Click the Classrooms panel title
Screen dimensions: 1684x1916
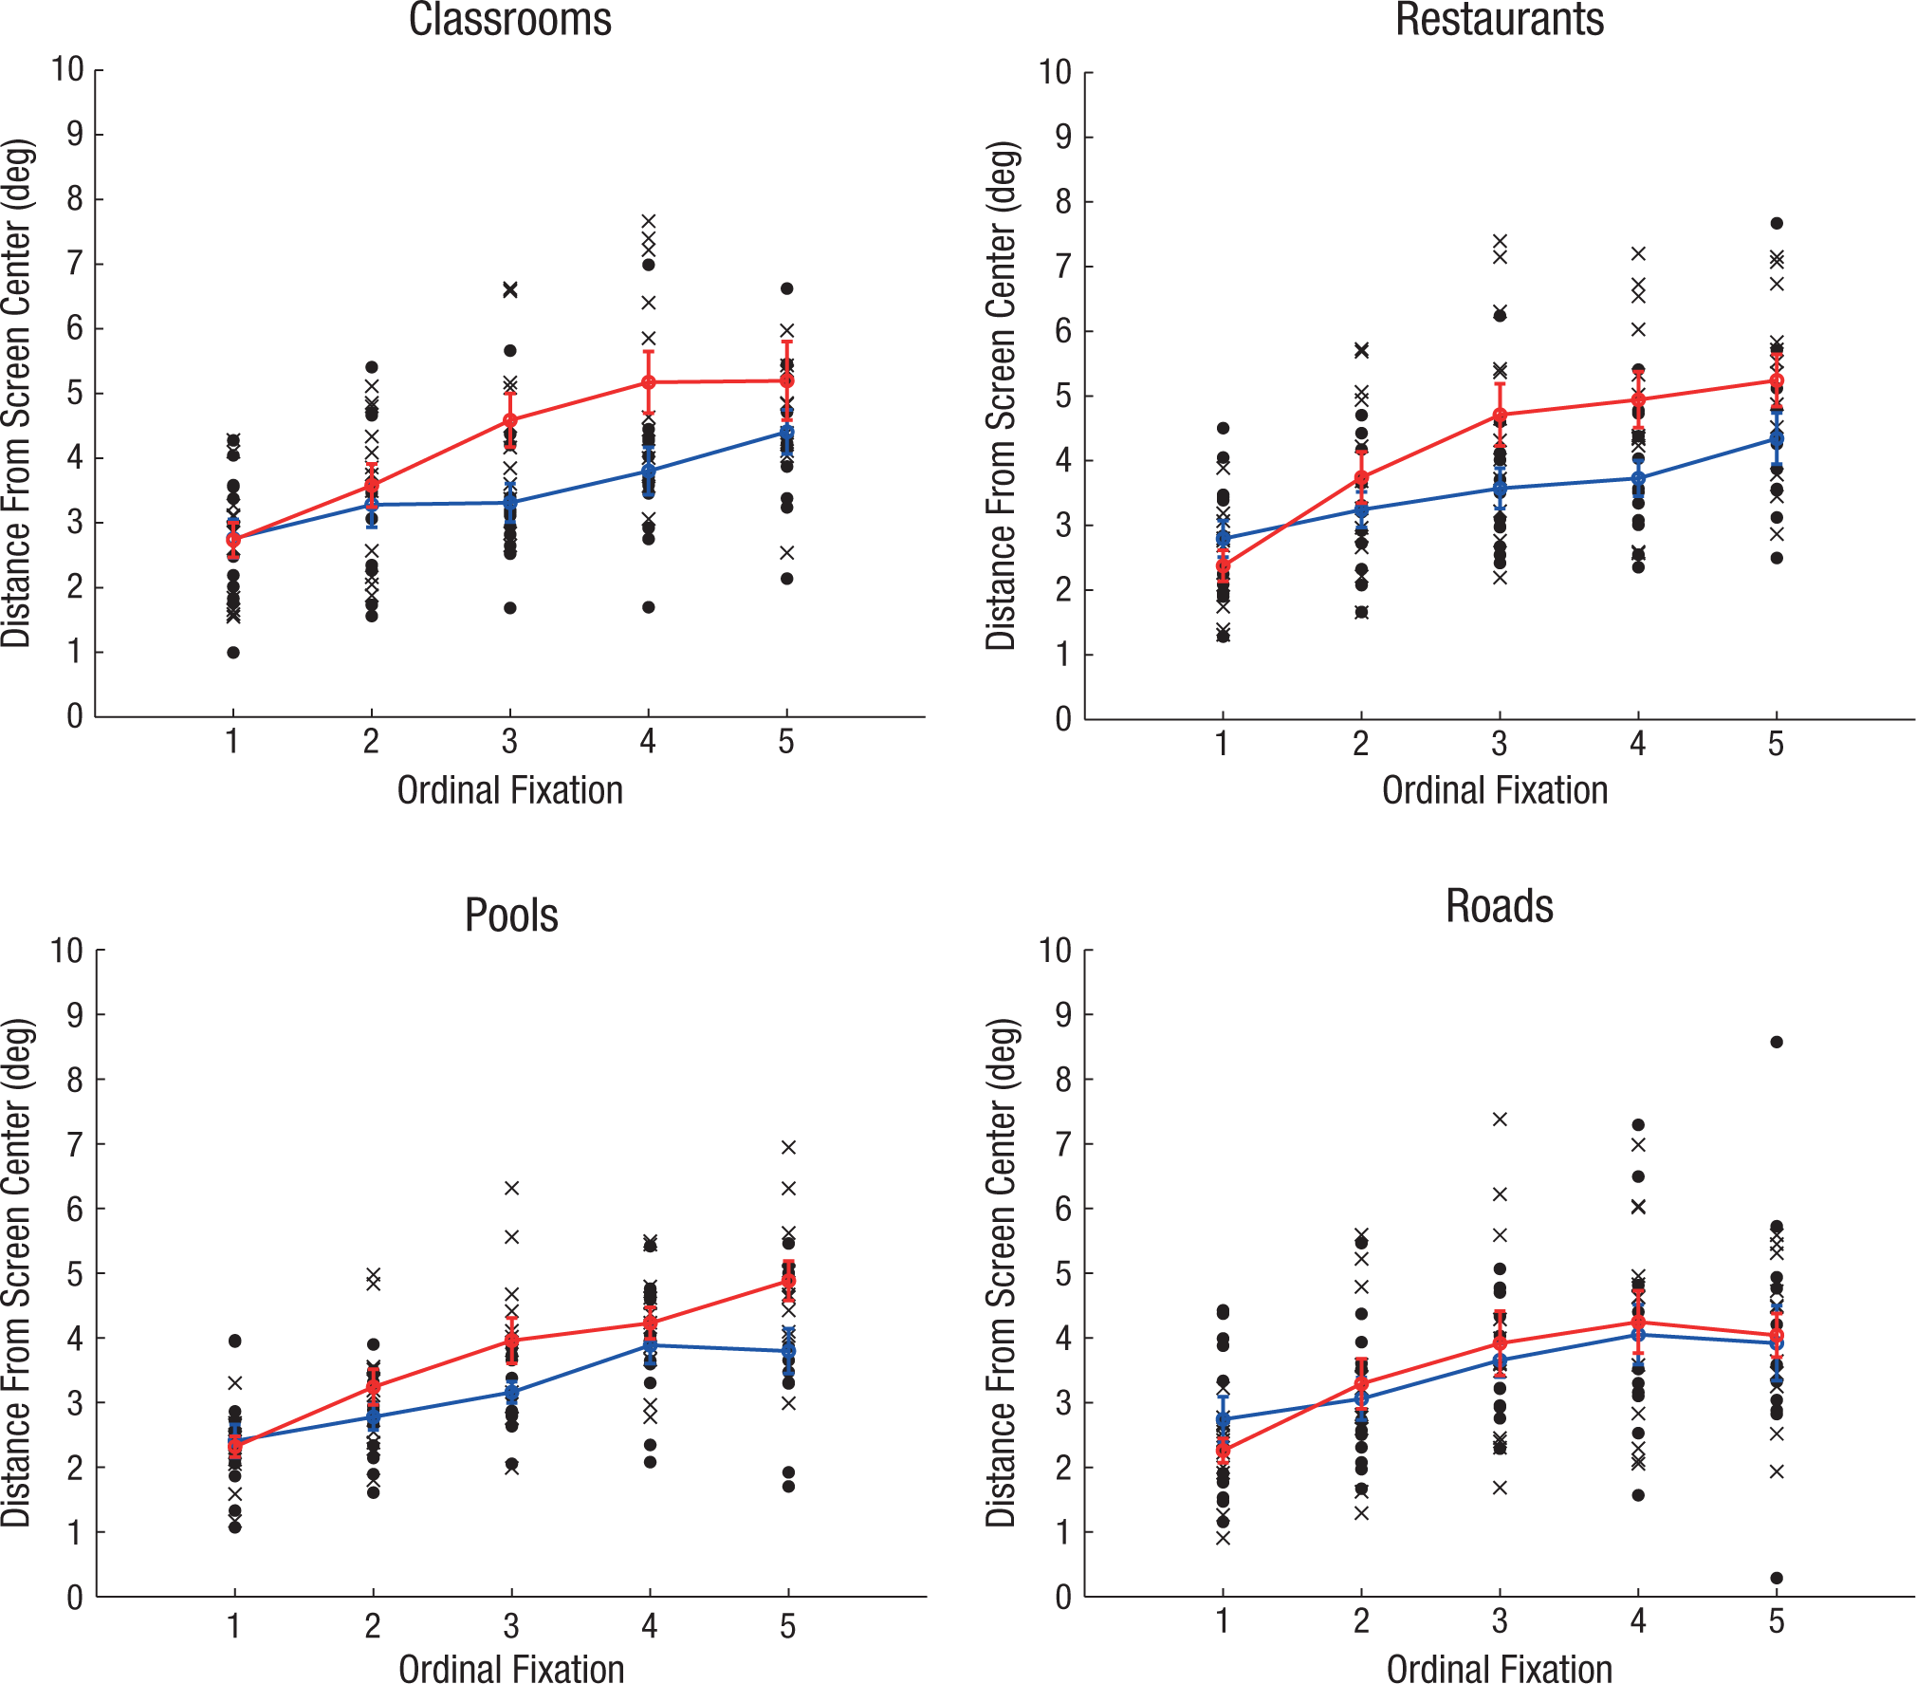click(510, 19)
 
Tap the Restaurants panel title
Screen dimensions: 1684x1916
click(1500, 19)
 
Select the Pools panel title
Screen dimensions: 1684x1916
click(511, 916)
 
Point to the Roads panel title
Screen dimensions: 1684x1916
click(1500, 906)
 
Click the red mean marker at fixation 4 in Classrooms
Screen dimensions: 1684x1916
click(649, 382)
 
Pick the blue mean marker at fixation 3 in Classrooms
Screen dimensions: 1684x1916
click(510, 503)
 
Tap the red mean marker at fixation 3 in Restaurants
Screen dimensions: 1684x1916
click(1500, 416)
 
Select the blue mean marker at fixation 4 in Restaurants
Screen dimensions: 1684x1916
click(1638, 478)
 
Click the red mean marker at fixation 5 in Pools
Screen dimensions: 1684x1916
click(788, 1280)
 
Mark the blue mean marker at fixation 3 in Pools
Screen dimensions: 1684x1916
click(512, 1393)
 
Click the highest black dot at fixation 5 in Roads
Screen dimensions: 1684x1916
click(1777, 1042)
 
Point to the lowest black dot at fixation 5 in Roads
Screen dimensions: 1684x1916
click(1777, 1578)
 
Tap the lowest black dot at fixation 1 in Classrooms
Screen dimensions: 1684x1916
click(233, 652)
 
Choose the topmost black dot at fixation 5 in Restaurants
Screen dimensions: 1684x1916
click(1777, 224)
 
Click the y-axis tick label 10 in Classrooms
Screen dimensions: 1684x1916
click(67, 69)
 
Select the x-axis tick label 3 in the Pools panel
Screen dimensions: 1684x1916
click(511, 1626)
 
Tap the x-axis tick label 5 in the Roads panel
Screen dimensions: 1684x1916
click(1777, 1621)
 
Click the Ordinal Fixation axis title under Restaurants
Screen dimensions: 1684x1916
click(1495, 790)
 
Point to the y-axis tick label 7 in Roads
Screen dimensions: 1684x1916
click(1063, 1144)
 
